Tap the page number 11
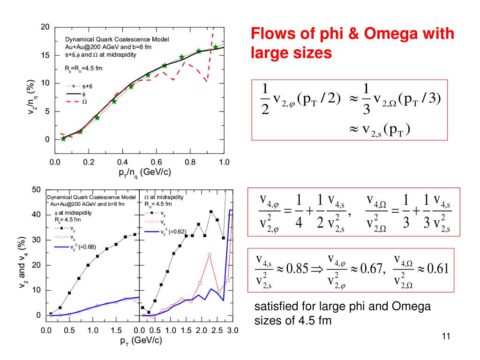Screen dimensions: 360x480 [x=446, y=336]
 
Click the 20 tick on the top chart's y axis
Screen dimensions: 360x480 [x=45, y=27]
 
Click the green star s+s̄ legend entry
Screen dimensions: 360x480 [x=80, y=86]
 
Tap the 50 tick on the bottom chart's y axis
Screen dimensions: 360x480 [x=36, y=190]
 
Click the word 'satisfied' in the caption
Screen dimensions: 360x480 [x=272, y=307]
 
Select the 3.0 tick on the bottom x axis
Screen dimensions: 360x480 [x=231, y=330]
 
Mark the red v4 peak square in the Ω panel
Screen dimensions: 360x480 [x=209, y=255]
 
